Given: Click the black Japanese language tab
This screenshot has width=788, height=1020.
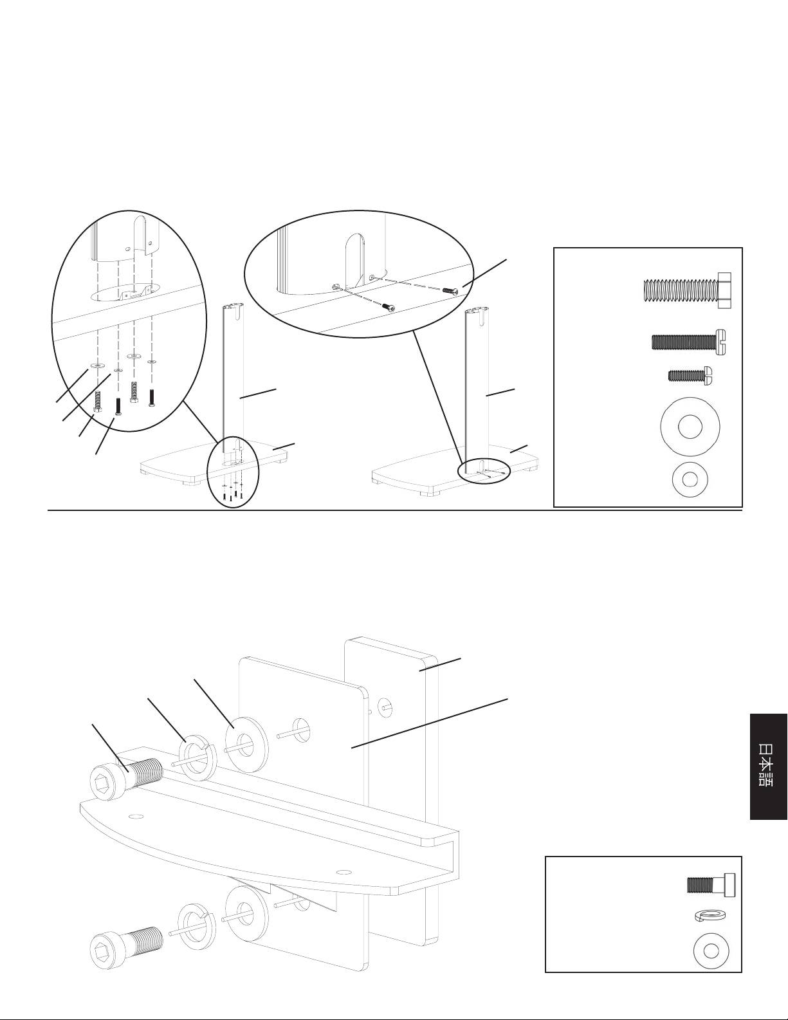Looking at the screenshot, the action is click(769, 766).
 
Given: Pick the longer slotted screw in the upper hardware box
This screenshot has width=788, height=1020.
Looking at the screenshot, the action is click(688, 342).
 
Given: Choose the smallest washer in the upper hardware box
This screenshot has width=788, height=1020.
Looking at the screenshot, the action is click(692, 479).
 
